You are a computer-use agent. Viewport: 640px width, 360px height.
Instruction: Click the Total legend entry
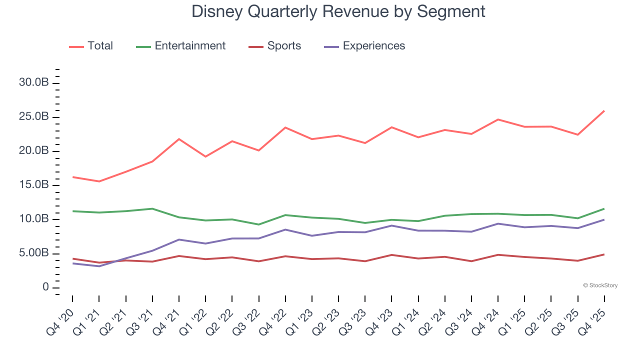point(91,46)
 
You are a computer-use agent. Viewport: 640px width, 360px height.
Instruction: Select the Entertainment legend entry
point(181,46)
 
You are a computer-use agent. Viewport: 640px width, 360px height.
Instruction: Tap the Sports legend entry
point(275,46)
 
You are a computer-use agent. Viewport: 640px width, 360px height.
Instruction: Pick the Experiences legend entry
point(364,46)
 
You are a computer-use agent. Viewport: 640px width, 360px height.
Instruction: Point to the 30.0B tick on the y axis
point(33,83)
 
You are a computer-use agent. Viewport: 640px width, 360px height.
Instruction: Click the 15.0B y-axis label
point(33,185)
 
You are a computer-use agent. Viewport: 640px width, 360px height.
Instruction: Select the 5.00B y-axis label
point(33,253)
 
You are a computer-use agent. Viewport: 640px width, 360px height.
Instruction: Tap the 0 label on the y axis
point(45,287)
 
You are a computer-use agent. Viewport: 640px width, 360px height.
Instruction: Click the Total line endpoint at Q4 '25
point(604,111)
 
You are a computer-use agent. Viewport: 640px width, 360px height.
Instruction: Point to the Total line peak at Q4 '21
point(179,139)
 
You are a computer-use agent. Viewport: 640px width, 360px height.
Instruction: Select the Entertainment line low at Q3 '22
point(258,224)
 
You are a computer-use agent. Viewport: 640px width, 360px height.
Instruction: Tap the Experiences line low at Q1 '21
point(99,266)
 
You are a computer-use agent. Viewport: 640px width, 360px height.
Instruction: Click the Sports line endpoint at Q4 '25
point(604,254)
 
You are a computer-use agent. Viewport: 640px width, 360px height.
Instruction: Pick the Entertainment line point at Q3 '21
point(152,208)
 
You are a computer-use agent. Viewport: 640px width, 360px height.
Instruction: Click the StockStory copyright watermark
point(600,285)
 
